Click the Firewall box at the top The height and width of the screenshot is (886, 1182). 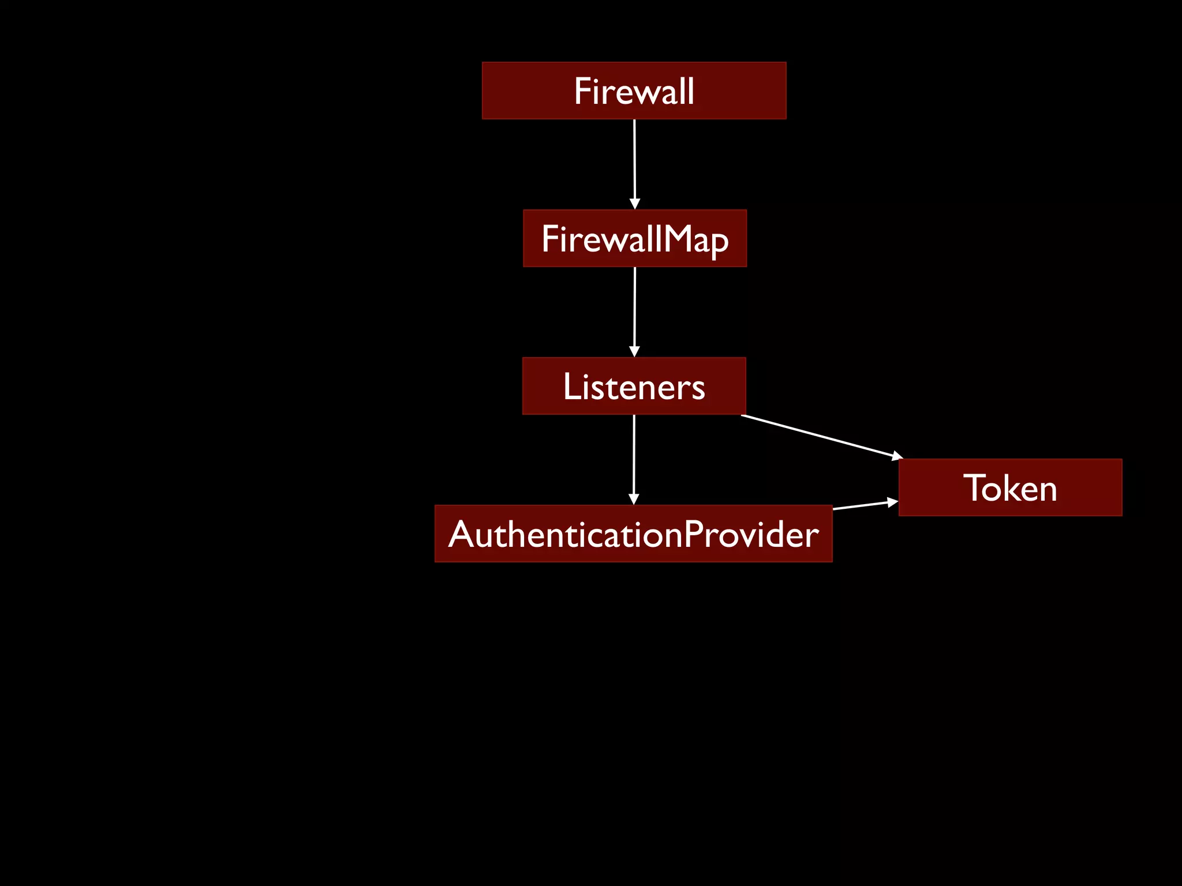(x=634, y=91)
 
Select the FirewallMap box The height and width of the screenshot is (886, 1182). (x=634, y=238)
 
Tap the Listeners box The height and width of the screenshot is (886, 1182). (x=634, y=386)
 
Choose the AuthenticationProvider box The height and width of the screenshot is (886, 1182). (x=633, y=534)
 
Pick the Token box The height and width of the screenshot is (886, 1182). (x=1010, y=487)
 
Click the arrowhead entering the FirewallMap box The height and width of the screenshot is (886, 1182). (x=635, y=204)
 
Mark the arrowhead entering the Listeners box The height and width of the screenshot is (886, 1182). (x=634, y=352)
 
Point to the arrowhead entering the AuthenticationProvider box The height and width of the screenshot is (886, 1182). (x=634, y=500)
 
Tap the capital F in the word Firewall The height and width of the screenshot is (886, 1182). (x=582, y=91)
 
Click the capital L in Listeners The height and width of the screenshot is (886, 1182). (x=571, y=386)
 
